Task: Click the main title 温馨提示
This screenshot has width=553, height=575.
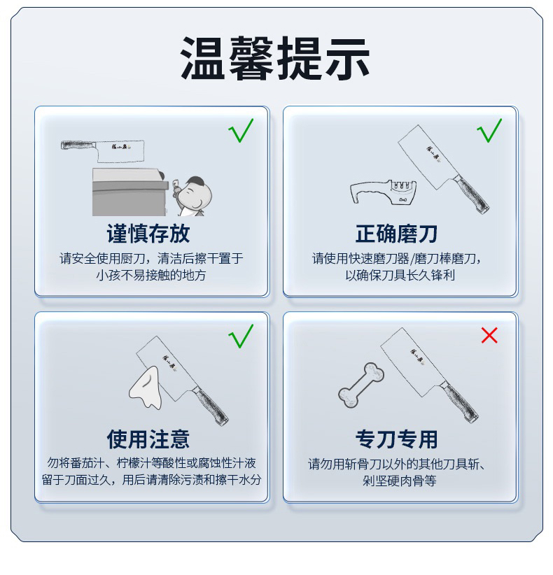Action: click(x=275, y=58)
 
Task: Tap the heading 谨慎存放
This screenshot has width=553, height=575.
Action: click(x=148, y=234)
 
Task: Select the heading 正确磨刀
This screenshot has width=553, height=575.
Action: click(x=396, y=234)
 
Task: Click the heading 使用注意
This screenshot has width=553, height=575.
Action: click(x=148, y=439)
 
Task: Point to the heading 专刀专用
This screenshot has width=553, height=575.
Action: click(x=396, y=439)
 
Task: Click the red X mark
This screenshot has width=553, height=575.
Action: click(x=489, y=335)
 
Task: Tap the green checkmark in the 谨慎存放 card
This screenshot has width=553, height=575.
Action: click(x=241, y=131)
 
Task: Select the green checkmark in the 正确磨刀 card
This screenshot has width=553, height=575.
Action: click(x=489, y=131)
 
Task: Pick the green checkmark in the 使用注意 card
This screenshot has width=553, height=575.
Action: click(x=241, y=336)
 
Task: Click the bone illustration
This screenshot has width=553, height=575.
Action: click(x=361, y=385)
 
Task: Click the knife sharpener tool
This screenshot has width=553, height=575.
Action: click(x=384, y=192)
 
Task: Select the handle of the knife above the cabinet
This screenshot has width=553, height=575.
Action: click(x=78, y=145)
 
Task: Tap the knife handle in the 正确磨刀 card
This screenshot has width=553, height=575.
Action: click(x=472, y=194)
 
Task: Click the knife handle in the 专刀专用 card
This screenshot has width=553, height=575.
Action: click(x=460, y=402)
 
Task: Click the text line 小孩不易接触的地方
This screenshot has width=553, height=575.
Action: click(x=150, y=275)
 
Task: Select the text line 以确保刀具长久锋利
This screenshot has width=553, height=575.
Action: click(x=400, y=275)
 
